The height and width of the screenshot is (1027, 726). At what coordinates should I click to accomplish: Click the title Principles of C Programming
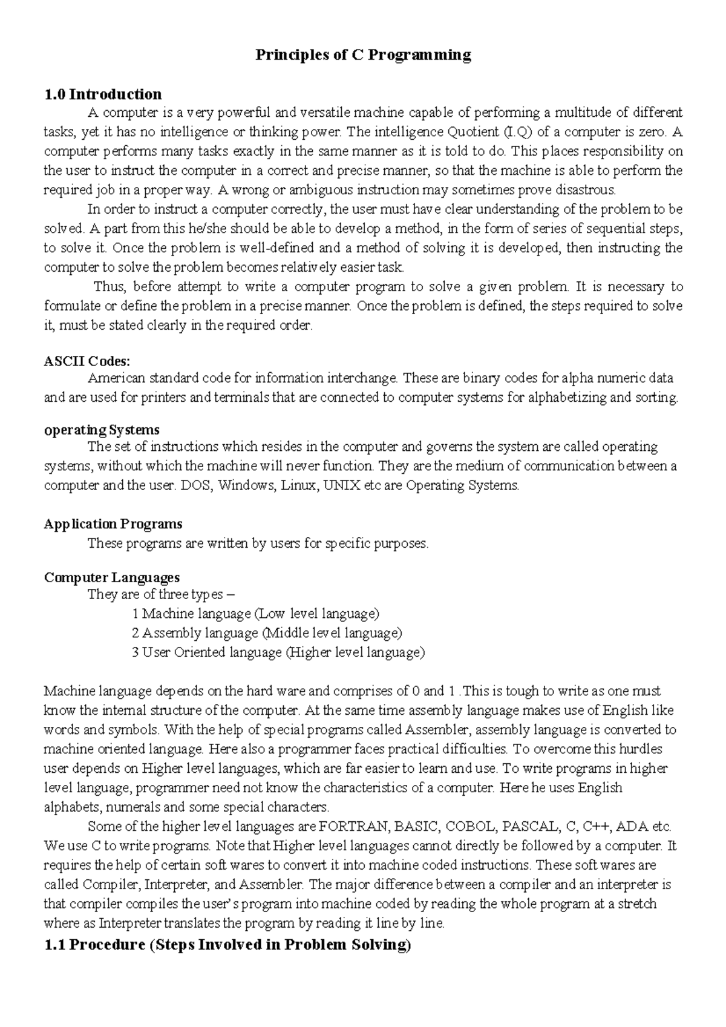point(363,55)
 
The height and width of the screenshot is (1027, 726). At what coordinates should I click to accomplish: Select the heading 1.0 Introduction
point(103,94)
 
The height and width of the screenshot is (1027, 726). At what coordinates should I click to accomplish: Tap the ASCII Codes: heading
point(87,361)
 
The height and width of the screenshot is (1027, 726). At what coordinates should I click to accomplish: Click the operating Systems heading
point(102,430)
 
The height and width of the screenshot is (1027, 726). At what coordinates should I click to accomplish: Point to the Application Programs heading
point(113,523)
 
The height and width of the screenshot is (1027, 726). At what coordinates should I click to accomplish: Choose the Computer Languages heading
point(111,577)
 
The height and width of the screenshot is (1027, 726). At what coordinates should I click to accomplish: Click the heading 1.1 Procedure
point(227,945)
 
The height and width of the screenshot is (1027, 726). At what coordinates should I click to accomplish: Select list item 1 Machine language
point(255,614)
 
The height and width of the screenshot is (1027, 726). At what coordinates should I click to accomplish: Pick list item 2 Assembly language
point(266,633)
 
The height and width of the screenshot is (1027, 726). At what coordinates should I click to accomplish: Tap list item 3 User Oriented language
point(278,652)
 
